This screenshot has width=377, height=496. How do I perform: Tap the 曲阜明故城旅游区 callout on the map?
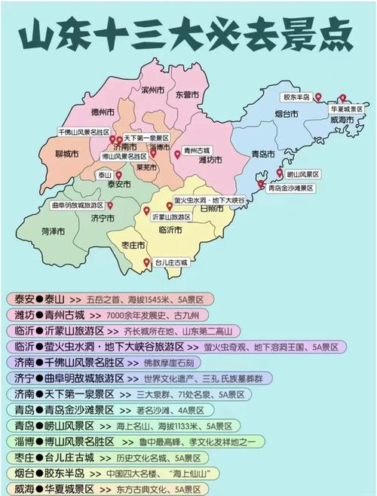point(77,204)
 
